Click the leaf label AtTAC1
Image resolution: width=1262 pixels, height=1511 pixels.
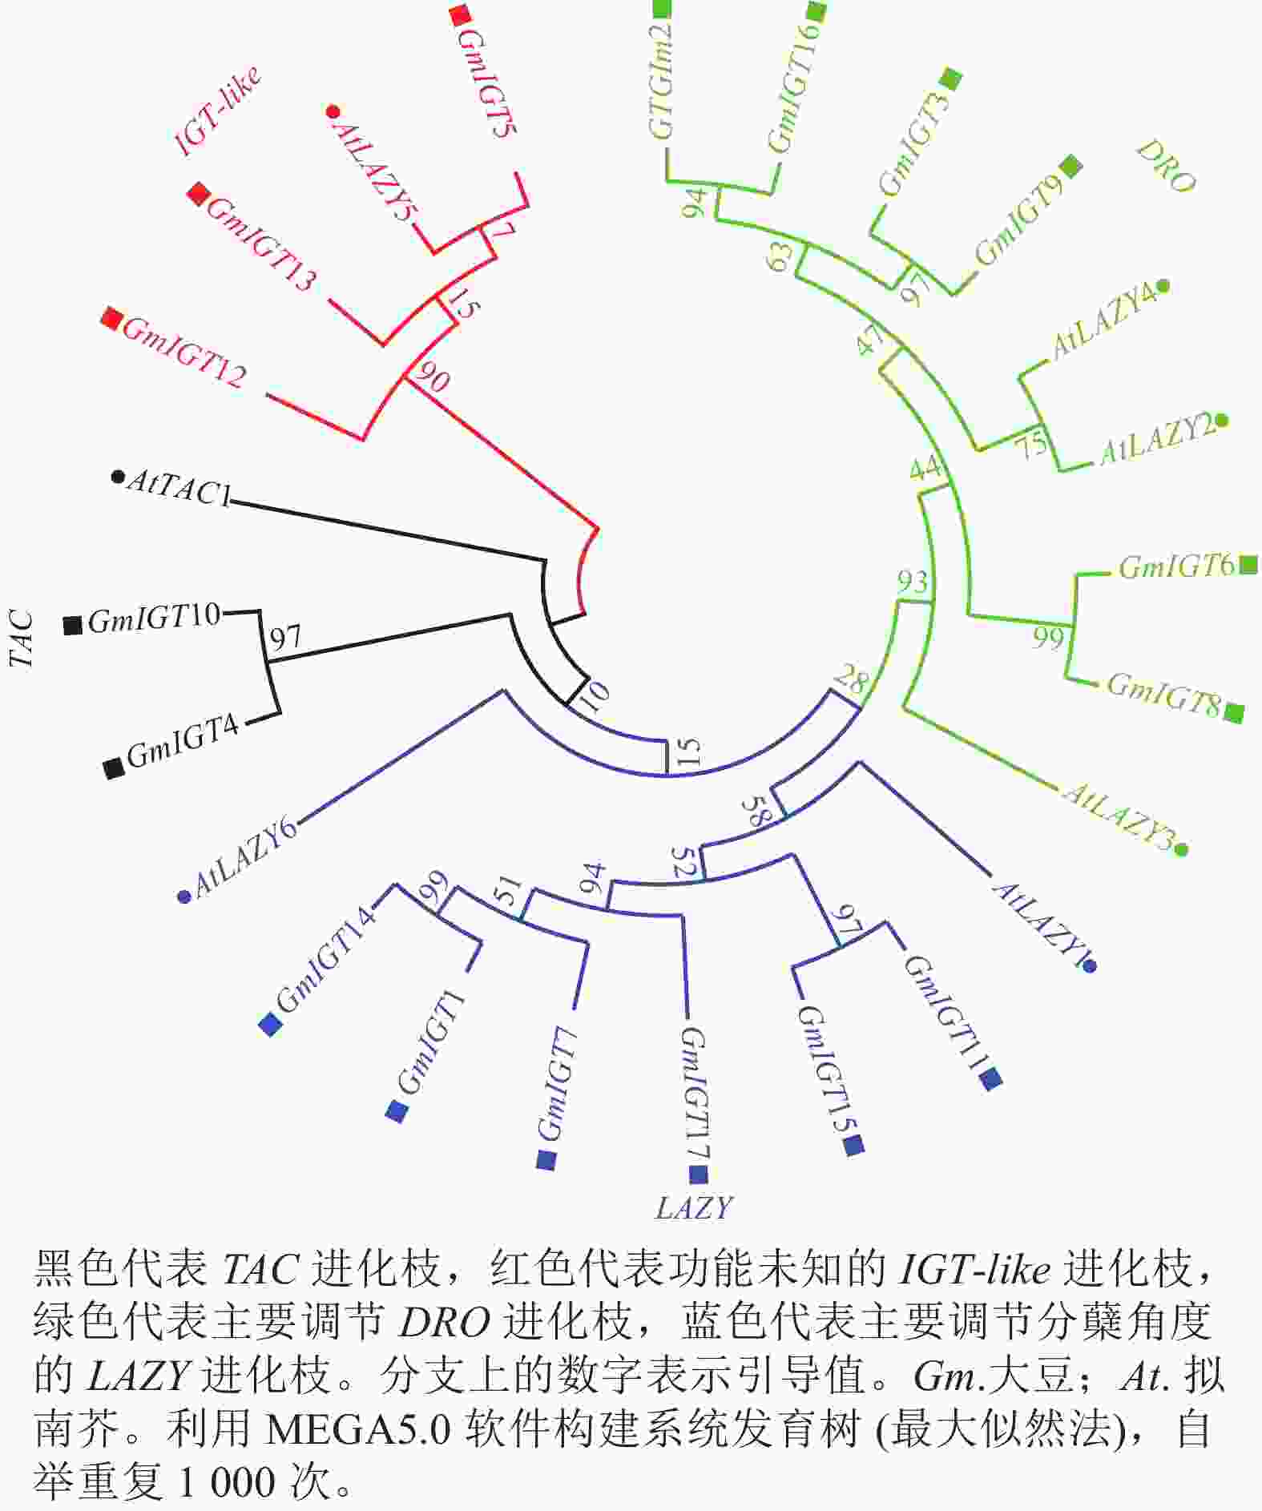click(178, 488)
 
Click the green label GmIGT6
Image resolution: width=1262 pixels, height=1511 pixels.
click(1176, 566)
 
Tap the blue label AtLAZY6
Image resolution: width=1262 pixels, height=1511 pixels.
click(245, 856)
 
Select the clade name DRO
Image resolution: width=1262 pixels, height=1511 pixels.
click(1166, 167)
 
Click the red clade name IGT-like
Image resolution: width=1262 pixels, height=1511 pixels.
click(218, 111)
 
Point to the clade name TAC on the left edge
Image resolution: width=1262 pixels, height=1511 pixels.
click(22, 639)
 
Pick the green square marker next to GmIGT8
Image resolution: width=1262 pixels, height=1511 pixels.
click(1234, 711)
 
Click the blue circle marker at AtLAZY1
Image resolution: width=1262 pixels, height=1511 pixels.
click(1089, 967)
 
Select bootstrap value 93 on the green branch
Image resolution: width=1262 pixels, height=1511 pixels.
click(912, 582)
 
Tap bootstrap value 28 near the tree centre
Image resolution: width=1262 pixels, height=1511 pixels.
click(851, 681)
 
